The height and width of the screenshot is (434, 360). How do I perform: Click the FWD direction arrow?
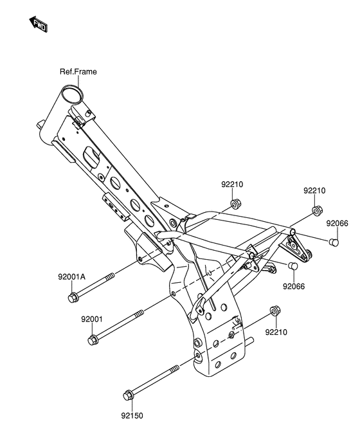pyautogui.click(x=39, y=24)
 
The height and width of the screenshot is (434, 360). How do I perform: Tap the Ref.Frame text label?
pyautogui.click(x=78, y=71)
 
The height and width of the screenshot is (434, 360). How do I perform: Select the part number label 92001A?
pyautogui.click(x=71, y=276)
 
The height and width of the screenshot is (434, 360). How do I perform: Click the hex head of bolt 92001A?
pyautogui.click(x=73, y=298)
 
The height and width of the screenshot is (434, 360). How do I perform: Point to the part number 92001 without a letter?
pyautogui.click(x=92, y=319)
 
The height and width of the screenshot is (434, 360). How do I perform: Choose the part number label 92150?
pyautogui.click(x=132, y=415)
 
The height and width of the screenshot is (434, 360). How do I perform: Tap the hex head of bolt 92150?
pyautogui.click(x=129, y=395)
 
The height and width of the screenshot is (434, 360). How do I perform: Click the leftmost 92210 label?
pyautogui.click(x=232, y=185)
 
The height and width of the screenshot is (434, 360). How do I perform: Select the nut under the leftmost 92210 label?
pyautogui.click(x=235, y=204)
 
